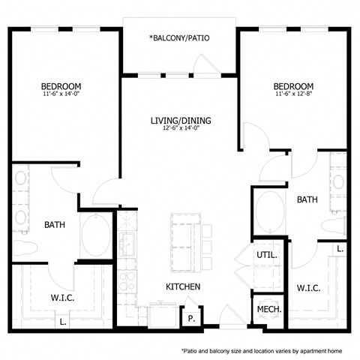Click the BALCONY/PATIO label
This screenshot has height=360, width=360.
(x=180, y=37)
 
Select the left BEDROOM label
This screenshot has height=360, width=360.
(x=61, y=86)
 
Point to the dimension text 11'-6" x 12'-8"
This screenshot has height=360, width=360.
(x=295, y=94)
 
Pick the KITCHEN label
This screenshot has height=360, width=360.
(x=182, y=286)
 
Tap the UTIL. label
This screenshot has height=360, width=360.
(x=266, y=255)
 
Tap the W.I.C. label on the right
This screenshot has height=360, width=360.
(x=309, y=287)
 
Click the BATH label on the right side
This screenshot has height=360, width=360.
(x=307, y=199)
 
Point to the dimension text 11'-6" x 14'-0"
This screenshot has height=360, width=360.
(x=61, y=95)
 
